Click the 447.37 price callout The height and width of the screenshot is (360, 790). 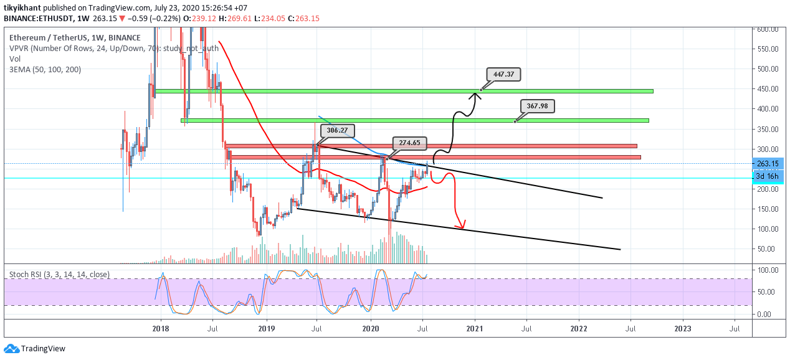click(x=503, y=74)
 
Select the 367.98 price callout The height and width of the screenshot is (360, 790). click(x=537, y=106)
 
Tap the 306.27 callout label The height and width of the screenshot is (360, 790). click(x=337, y=130)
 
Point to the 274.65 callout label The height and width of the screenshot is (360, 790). click(x=409, y=143)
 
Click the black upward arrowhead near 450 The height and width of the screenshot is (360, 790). click(x=476, y=95)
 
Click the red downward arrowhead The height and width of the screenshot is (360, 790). click(x=460, y=224)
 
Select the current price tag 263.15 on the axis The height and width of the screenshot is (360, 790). click(x=768, y=164)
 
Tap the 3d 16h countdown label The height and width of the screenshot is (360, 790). click(x=768, y=176)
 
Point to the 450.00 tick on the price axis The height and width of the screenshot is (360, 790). click(x=768, y=89)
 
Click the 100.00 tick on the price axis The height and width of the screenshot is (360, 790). click(x=768, y=229)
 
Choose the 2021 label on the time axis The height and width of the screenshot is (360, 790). click(x=474, y=329)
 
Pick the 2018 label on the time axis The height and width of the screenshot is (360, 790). click(x=161, y=329)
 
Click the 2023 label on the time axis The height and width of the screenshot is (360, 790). click(x=682, y=329)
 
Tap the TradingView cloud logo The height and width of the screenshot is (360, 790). click(x=12, y=349)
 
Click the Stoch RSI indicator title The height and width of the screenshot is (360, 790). click(x=59, y=274)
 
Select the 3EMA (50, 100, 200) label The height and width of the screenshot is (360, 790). click(x=45, y=70)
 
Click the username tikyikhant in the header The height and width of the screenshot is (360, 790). click(x=22, y=7)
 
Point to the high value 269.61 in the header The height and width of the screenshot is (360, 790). click(x=239, y=18)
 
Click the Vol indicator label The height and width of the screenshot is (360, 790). click(x=15, y=59)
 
